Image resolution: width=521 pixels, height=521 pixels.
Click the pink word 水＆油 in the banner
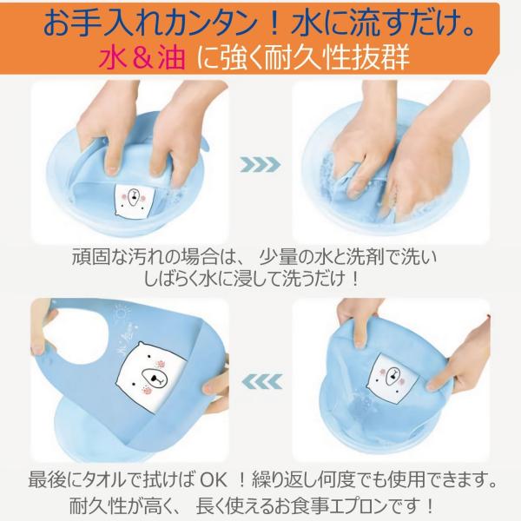142,57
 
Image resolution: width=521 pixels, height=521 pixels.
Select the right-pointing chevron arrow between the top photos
260,164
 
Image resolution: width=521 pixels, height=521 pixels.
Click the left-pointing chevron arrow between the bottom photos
262,381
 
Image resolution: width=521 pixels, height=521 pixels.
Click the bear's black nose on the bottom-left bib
155,379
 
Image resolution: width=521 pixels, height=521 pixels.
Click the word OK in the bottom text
214,480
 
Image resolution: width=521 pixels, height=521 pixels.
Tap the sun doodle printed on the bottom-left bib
121,313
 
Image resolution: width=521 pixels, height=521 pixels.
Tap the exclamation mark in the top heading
274,24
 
